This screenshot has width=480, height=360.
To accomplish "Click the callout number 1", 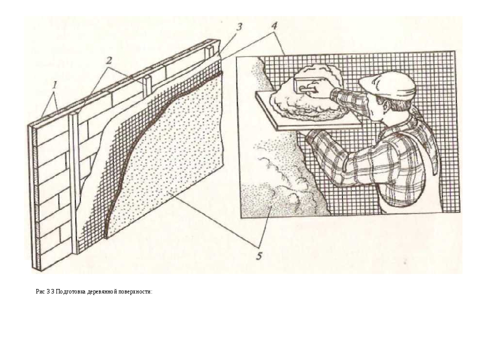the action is pos(55,85).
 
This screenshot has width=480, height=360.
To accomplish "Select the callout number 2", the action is pos(109,60).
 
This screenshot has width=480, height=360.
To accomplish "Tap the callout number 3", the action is pos(239,27).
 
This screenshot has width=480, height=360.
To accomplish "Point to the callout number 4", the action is pos(274,26).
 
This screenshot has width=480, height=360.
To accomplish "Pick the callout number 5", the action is pos(259,256).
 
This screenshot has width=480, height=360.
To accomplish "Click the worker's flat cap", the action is pos(388,84).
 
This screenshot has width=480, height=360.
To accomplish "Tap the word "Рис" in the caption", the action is pos(40,291).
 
